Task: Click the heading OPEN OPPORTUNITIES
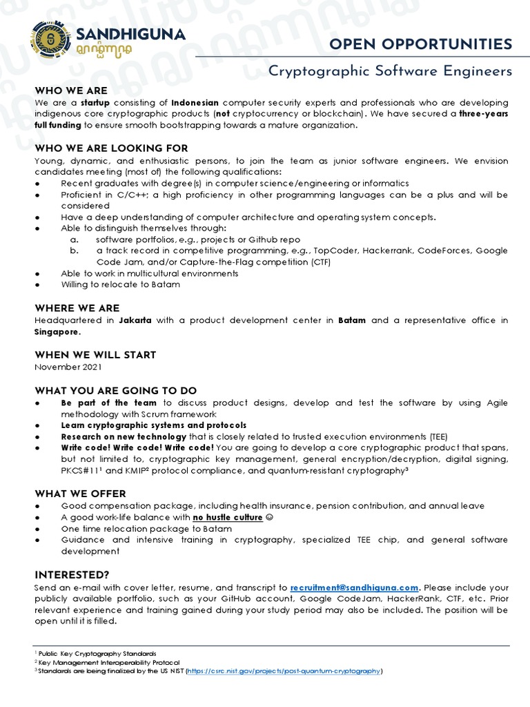[421, 44]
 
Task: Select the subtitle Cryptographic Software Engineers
[390, 71]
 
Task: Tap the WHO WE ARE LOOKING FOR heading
[111, 148]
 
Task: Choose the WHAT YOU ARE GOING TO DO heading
[116, 390]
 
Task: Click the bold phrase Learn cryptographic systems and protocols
[153, 425]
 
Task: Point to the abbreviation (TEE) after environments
[438, 436]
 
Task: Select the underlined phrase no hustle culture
[228, 517]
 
